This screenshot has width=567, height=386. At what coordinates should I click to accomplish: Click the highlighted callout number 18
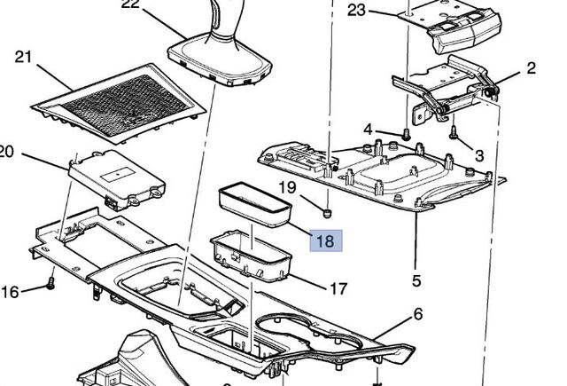(x=324, y=240)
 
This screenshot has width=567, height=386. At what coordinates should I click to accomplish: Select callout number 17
(x=338, y=288)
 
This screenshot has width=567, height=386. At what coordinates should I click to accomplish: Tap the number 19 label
(x=287, y=187)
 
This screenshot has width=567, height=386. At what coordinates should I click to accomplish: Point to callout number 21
(x=24, y=58)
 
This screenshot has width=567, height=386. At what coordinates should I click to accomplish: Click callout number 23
(x=356, y=10)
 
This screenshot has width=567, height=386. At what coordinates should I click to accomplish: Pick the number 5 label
(x=416, y=282)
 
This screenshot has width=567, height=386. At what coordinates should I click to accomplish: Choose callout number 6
(x=417, y=314)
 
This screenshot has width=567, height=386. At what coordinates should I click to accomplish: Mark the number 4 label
(x=368, y=130)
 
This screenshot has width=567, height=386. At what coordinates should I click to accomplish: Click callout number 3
(x=479, y=155)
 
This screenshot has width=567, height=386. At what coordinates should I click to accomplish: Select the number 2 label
(x=531, y=68)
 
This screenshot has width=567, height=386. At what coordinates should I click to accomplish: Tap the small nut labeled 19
(x=327, y=213)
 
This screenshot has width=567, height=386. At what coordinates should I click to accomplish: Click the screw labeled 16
(x=50, y=285)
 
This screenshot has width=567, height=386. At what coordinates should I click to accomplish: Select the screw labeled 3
(x=454, y=134)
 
